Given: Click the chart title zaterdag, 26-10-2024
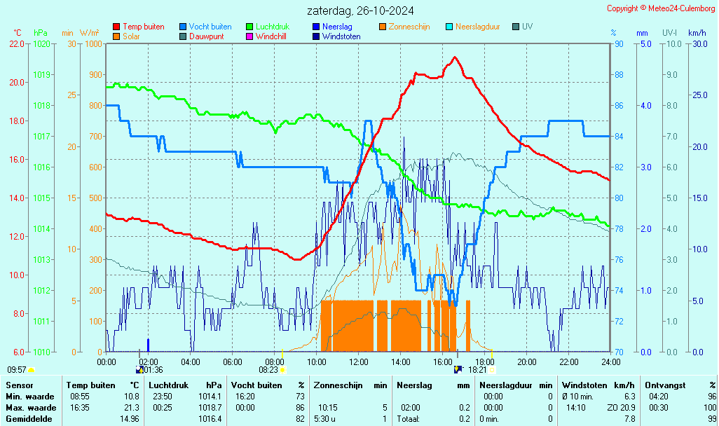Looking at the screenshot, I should (360, 11).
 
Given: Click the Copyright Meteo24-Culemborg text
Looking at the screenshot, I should (661, 8).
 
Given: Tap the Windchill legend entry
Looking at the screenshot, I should (273, 36).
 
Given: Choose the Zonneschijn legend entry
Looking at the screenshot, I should (409, 27).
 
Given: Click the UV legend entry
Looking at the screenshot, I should (528, 27).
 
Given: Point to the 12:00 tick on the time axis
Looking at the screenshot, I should (359, 362).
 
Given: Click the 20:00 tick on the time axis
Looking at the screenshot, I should (527, 362).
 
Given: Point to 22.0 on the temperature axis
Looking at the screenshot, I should (17, 43).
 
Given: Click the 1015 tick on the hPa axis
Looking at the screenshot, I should (41, 198).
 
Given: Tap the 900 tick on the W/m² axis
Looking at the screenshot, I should (93, 74).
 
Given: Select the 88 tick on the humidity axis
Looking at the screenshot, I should (619, 74).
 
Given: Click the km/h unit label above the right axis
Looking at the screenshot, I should (697, 33).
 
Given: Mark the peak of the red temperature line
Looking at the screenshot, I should (455, 57).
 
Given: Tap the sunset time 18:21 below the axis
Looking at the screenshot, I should (477, 370).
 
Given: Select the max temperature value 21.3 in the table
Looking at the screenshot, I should (132, 408).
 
